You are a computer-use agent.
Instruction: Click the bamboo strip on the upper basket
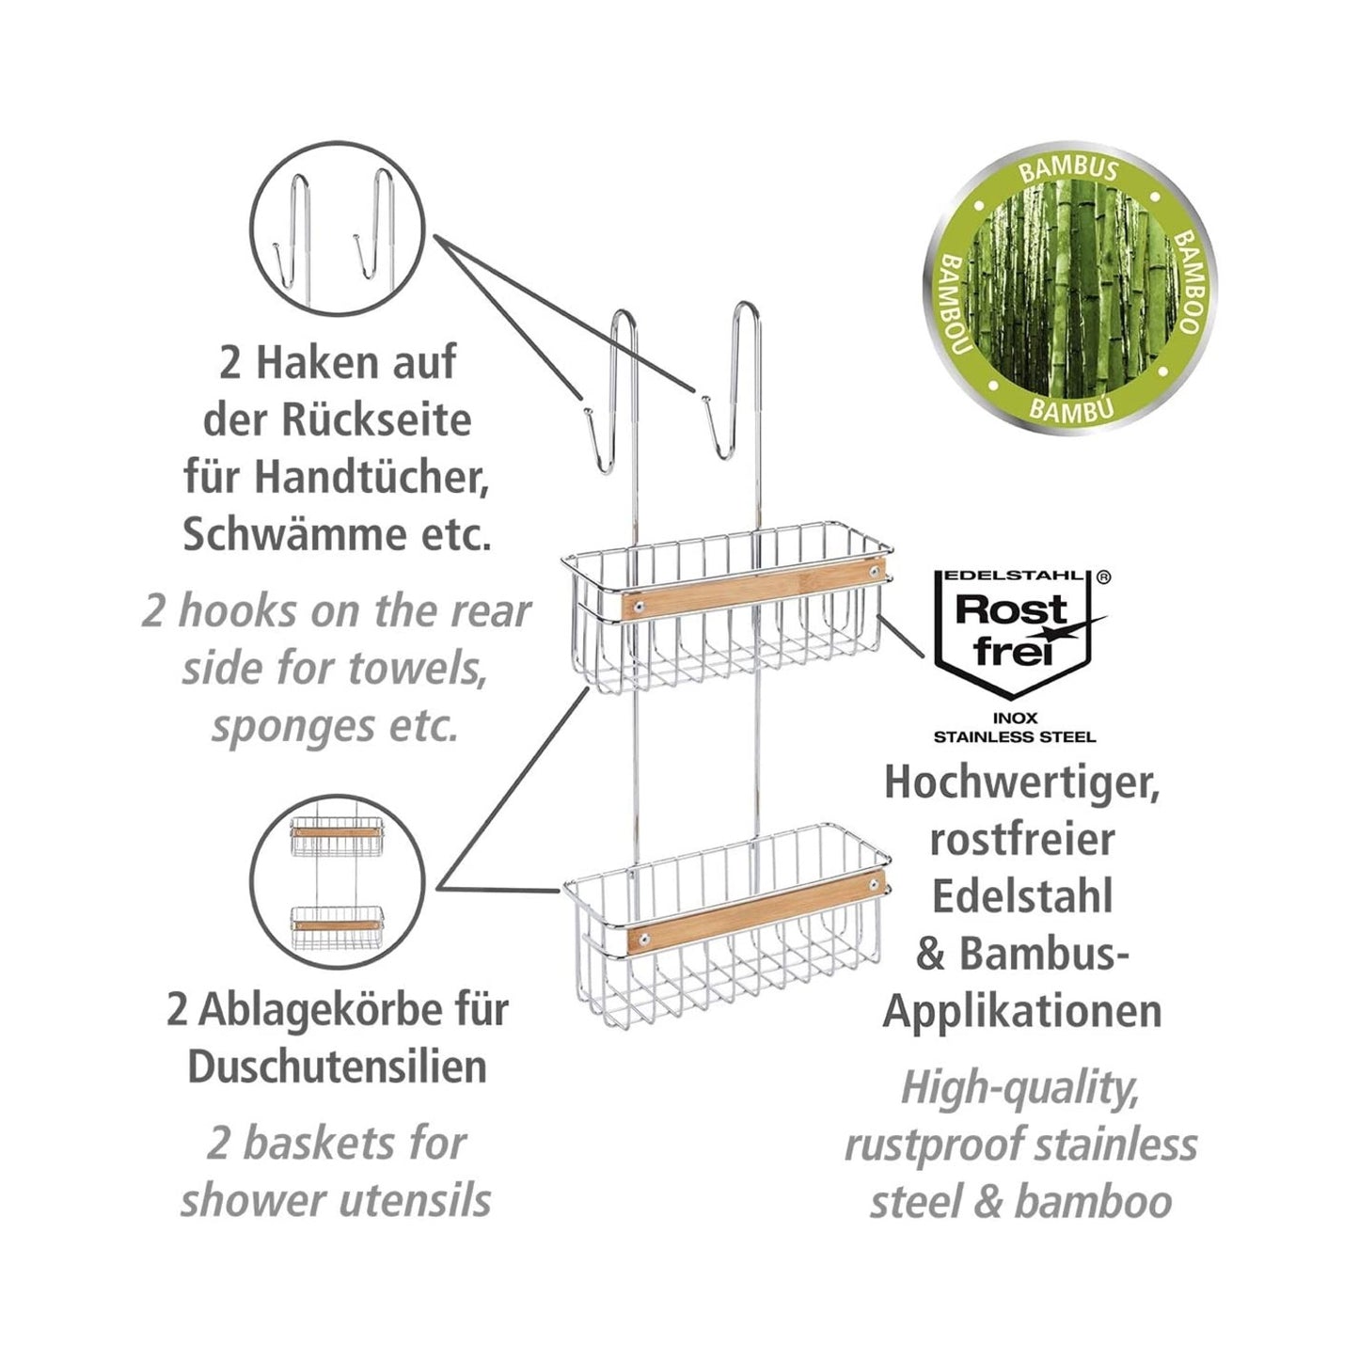click(752, 590)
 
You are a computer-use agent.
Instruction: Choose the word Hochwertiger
click(1021, 783)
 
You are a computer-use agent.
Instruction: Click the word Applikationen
click(1022, 1011)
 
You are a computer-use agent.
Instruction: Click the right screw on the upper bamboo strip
click(875, 570)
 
